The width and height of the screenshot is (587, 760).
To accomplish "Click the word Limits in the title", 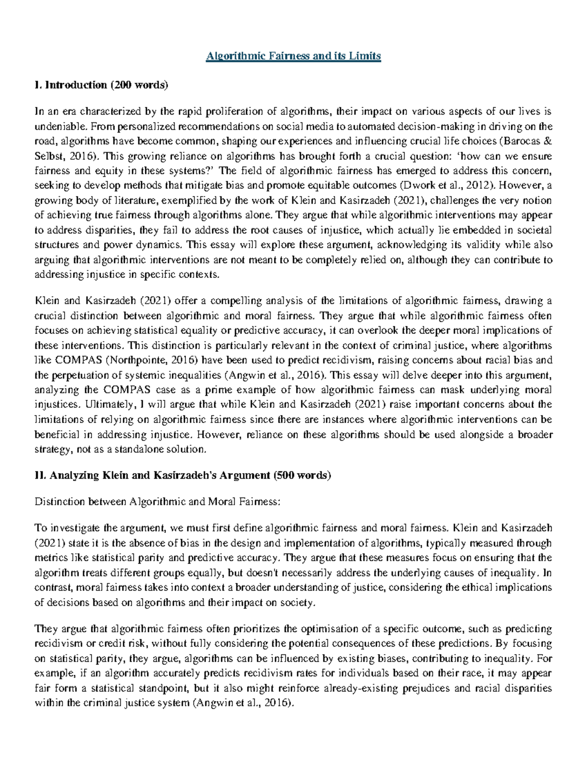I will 366,56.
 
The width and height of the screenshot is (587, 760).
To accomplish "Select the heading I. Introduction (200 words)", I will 101,85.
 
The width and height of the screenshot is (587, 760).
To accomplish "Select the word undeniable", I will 61,127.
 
